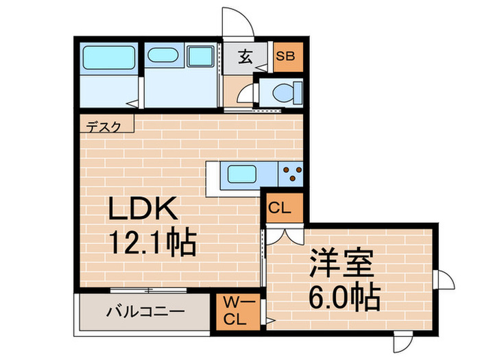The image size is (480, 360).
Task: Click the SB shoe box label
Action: [285, 57]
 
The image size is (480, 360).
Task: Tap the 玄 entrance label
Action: [246, 58]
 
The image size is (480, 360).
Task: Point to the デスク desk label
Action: [105, 126]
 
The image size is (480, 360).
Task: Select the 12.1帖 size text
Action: [152, 241]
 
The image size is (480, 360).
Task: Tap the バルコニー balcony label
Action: [145, 312]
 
